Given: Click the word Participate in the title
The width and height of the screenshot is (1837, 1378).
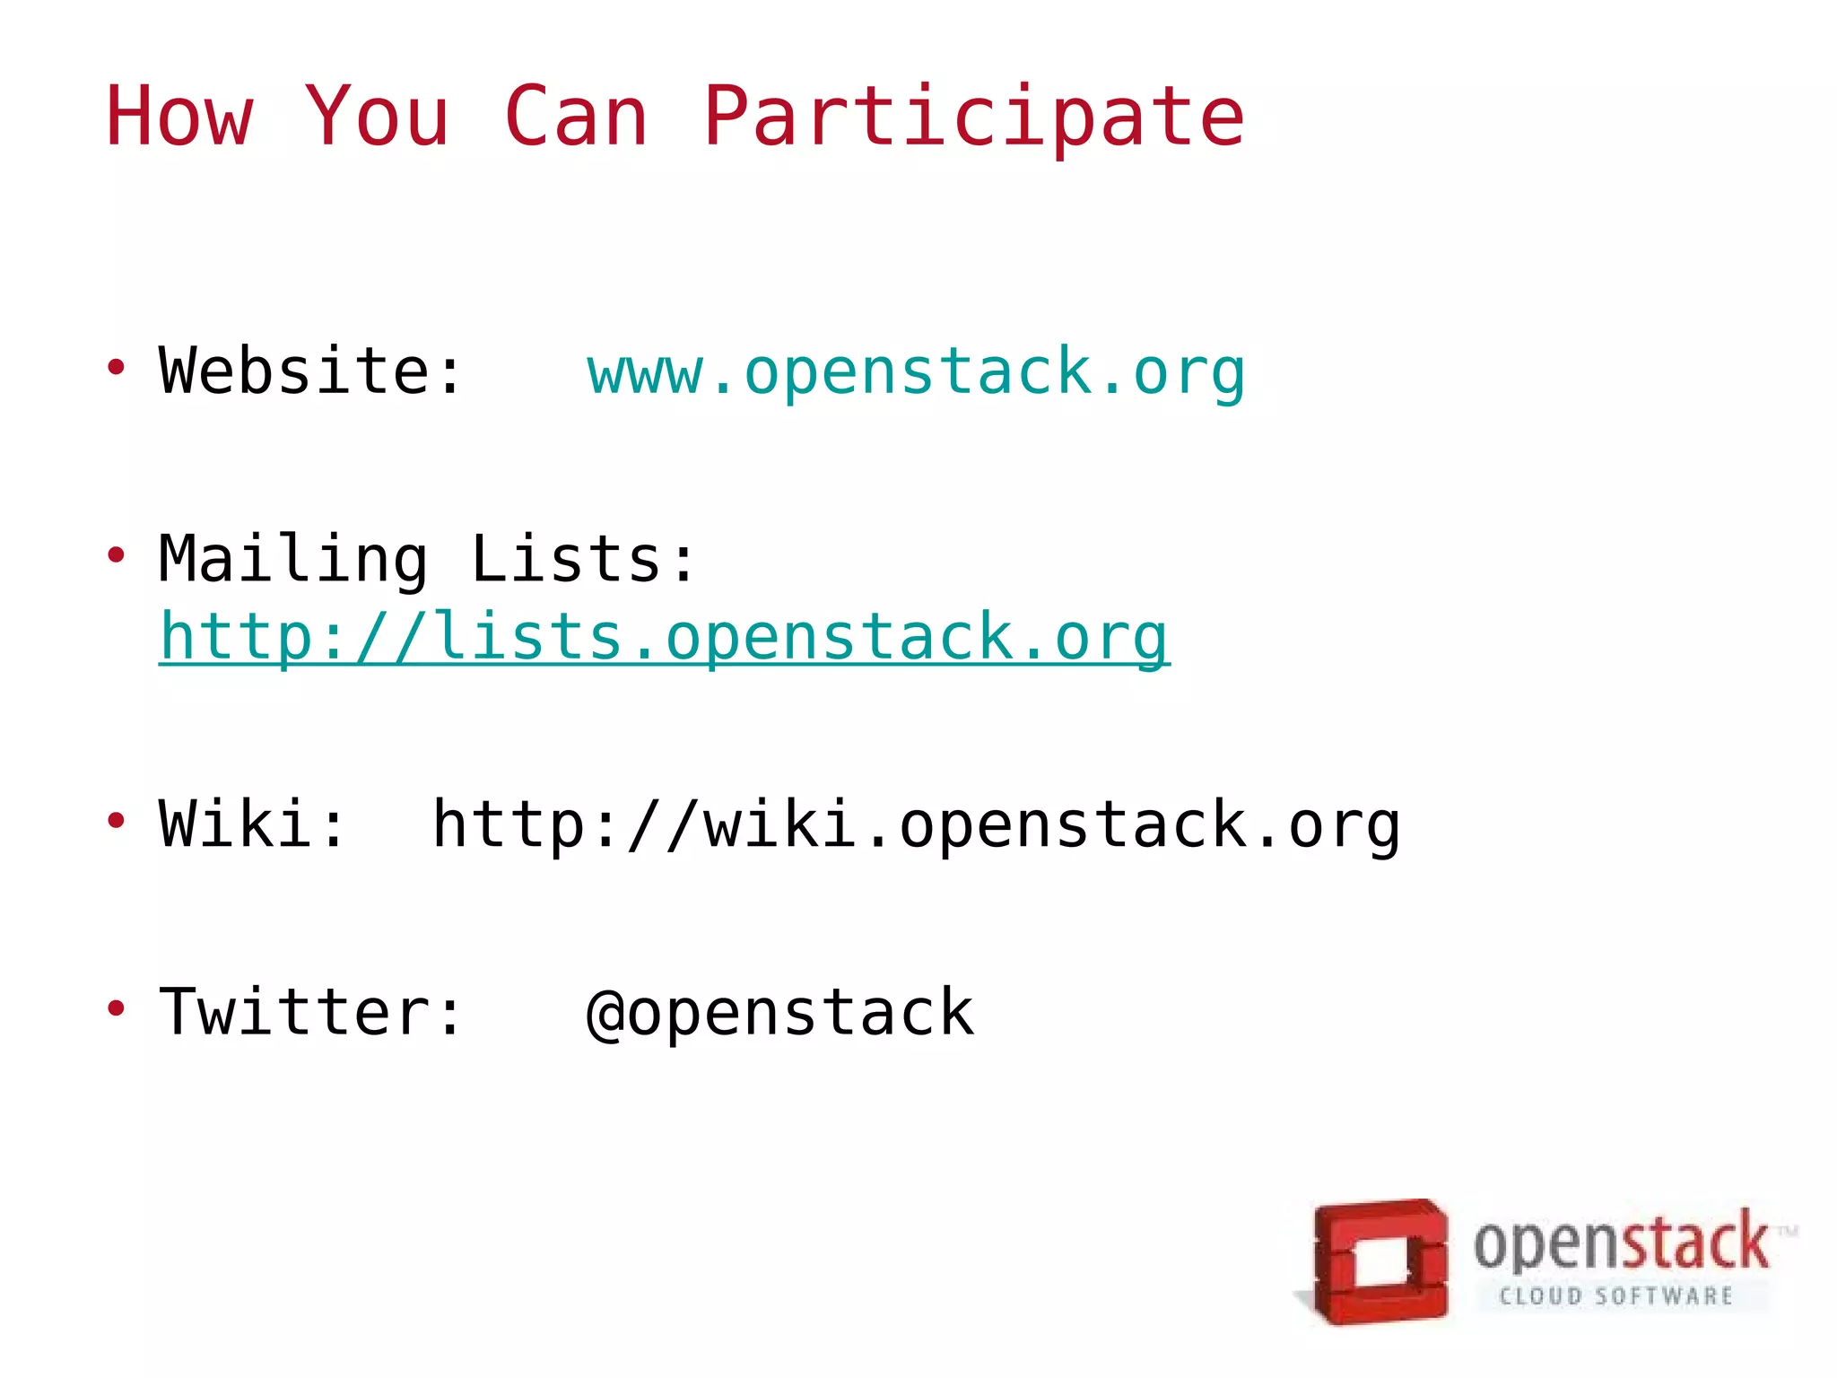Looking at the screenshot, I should [974, 118].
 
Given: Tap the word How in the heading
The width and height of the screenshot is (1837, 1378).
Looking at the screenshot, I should [179, 116].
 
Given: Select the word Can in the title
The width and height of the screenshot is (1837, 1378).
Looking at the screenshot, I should [576, 116].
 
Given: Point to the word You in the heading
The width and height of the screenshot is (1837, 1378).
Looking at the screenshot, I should [377, 116].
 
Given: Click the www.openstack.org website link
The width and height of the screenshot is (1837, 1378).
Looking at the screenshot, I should [916, 372].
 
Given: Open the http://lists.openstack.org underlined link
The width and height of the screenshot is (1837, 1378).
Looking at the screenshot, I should [664, 638].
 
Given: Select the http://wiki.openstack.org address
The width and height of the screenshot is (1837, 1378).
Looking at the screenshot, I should [916, 824].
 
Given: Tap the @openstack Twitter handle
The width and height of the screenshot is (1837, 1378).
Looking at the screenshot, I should [779, 1013].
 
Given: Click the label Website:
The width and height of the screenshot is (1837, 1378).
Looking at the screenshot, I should [310, 371].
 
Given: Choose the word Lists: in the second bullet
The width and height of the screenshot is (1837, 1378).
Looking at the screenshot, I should [583, 559].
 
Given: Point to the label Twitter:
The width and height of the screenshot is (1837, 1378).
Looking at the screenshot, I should [310, 1012].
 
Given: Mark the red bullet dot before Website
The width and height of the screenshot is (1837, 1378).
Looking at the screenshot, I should [116, 367].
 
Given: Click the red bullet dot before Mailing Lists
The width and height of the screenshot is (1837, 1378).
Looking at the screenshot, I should [116, 555].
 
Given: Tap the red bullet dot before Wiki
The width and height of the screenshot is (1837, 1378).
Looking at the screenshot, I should [116, 820].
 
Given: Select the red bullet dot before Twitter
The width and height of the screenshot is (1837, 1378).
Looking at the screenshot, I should [116, 1008].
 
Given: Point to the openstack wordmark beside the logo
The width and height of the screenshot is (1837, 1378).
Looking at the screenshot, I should [1621, 1243].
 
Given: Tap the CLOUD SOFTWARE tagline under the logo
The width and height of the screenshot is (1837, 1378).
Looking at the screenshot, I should [1615, 1296].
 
